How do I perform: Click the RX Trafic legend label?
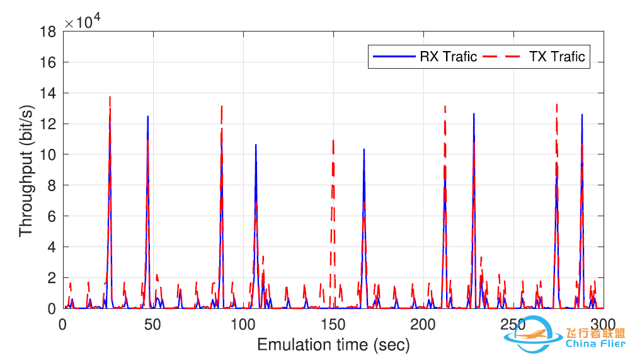tap(448, 57)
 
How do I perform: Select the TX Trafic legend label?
tap(557, 57)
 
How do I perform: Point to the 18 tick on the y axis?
tap(51, 32)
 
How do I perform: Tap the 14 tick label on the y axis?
tap(51, 93)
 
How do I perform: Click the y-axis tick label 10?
tap(51, 155)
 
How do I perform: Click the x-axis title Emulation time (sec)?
tap(333, 345)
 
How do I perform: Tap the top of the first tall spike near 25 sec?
tap(110, 98)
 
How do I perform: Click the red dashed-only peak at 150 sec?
tap(333, 141)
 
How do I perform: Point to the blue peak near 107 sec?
tap(256, 145)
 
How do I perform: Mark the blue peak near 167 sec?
tap(364, 149)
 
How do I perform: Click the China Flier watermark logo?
tap(564, 337)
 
